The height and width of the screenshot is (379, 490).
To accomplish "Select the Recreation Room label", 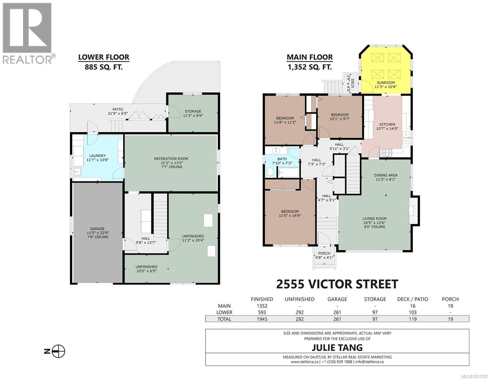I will tap(171, 159).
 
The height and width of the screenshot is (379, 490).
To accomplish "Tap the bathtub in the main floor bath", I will tap(288, 172).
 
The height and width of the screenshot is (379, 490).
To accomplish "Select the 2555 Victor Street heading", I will tap(337, 284).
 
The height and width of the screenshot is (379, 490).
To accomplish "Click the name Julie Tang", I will tap(337, 348).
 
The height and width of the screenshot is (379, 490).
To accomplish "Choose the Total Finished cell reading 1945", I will tap(262, 319).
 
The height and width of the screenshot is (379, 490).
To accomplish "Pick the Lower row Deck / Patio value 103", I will tap(412, 312).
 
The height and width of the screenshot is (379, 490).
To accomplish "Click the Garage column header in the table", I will tap(337, 299).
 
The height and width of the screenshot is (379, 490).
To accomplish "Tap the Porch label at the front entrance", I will tap(324, 253).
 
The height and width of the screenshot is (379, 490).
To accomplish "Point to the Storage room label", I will tap(193, 111).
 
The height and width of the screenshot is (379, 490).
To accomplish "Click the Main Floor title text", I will tap(309, 57).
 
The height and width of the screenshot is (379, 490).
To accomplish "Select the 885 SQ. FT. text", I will tap(104, 67).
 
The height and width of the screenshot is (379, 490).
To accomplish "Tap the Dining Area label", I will tap(385, 175).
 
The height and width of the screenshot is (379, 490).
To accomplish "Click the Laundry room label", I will tap(98, 156).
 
